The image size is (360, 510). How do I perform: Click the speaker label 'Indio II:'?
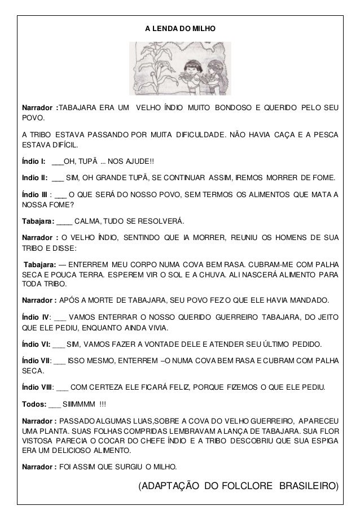(x=34, y=178)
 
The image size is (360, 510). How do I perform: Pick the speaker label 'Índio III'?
(x=34, y=195)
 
